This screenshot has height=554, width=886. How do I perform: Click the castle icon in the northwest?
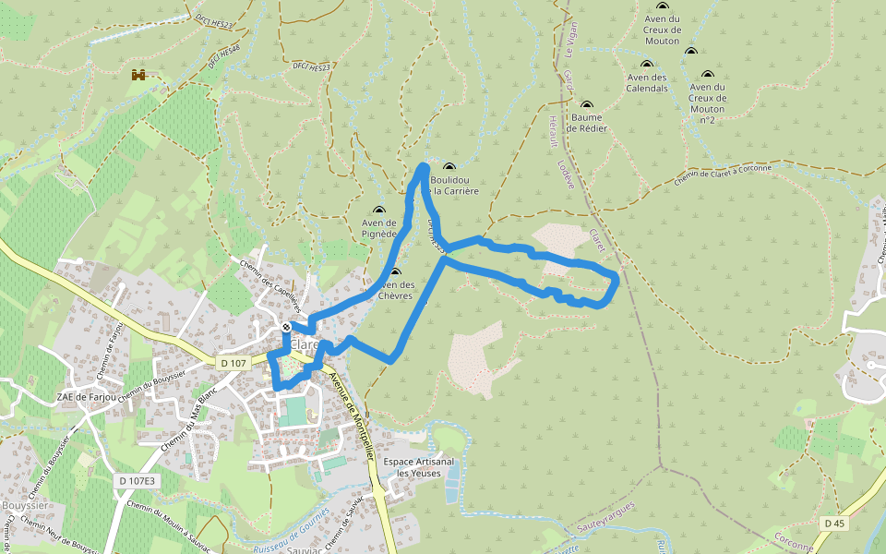point(139,75)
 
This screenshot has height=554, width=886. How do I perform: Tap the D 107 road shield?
point(233,363)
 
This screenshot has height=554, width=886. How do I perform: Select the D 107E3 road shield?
point(138,481)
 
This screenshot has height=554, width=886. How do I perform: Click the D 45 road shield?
point(834,524)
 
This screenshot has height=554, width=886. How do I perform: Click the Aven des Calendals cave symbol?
point(647,65)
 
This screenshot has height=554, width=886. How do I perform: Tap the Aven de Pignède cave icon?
point(378,211)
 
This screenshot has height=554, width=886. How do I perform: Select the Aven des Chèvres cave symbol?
point(396,272)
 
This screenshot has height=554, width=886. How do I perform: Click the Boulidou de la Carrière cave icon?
point(449,167)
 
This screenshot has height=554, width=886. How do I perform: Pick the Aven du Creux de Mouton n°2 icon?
point(708,75)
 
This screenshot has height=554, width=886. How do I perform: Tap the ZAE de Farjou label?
point(87,397)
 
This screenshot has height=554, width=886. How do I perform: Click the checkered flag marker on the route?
point(288,327)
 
